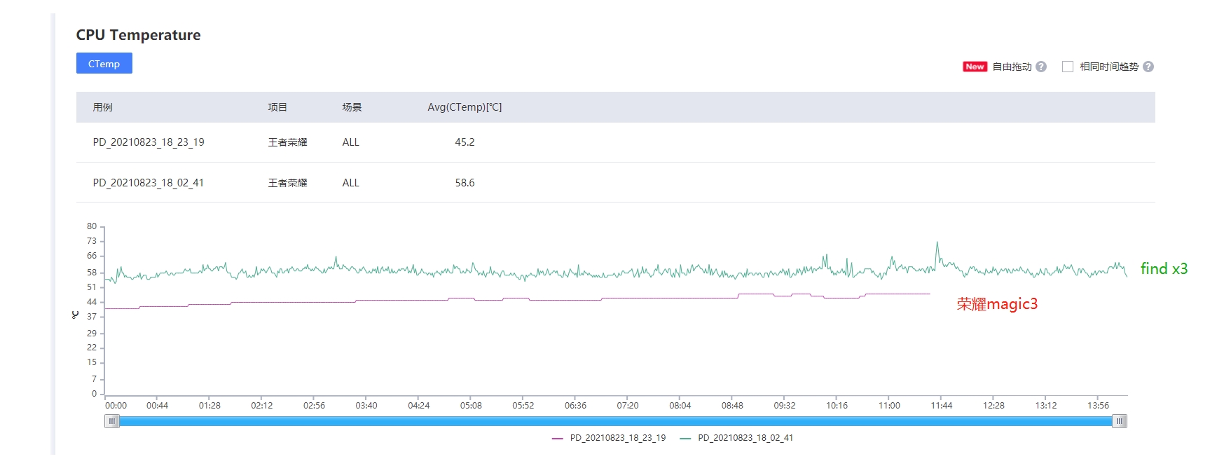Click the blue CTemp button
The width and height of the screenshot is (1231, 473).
(104, 64)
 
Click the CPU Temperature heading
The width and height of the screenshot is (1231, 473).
(138, 35)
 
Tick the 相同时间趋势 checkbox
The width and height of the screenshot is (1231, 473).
(1068, 67)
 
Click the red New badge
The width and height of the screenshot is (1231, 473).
(975, 67)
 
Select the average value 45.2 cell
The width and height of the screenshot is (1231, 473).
(465, 142)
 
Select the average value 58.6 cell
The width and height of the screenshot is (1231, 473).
(465, 183)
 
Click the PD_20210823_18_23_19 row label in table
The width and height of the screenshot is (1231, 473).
(149, 142)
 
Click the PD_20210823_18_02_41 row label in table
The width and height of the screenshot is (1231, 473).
(149, 183)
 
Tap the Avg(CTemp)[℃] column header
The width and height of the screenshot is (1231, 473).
(465, 107)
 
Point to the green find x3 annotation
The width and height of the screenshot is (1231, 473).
(1164, 268)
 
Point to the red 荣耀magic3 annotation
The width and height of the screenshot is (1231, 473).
(997, 304)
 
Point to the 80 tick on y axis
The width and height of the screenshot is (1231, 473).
(92, 226)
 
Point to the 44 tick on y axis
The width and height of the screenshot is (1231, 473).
(92, 302)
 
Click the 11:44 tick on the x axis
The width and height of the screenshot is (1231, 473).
(941, 406)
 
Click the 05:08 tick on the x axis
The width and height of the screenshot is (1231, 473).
(471, 406)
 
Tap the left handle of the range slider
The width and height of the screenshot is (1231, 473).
(112, 421)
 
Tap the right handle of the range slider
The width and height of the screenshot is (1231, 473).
(1120, 421)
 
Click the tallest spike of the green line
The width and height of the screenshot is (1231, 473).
(937, 243)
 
